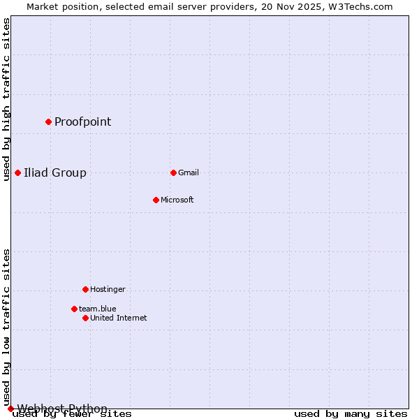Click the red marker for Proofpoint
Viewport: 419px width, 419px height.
click(48, 122)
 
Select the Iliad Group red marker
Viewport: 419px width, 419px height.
click(17, 172)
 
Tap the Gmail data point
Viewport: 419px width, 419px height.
click(173, 172)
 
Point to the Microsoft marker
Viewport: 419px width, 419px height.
click(156, 200)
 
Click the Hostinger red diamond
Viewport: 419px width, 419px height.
click(85, 289)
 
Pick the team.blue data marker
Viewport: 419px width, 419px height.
click(74, 309)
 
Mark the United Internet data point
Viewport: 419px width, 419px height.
click(85, 318)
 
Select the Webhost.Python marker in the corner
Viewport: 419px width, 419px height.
click(10, 409)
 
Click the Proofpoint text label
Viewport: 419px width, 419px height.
click(82, 122)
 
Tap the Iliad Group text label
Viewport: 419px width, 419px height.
click(55, 173)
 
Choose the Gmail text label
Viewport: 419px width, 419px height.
click(189, 172)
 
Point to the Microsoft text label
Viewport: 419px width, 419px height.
click(177, 200)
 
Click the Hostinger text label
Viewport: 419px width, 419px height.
click(108, 289)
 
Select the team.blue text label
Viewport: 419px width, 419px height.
click(98, 309)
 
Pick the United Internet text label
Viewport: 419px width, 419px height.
click(119, 318)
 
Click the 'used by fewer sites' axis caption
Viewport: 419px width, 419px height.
click(73, 414)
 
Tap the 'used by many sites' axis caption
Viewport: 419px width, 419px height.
click(351, 414)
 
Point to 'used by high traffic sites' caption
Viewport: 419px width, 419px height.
click(7, 99)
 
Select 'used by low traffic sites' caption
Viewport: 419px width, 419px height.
click(7, 327)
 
